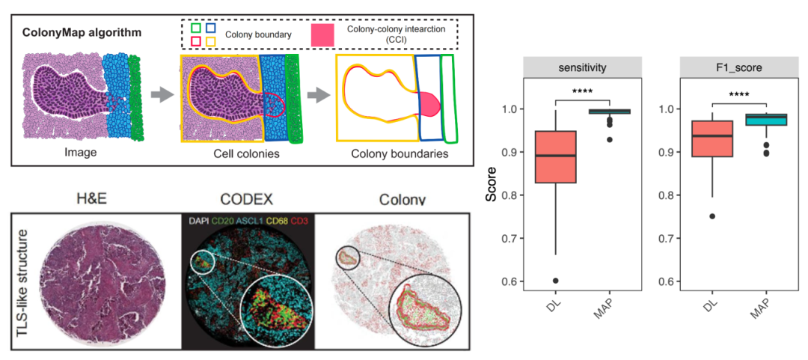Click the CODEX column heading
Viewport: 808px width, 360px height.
[248, 198]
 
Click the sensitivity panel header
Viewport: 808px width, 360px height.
[582, 67]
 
